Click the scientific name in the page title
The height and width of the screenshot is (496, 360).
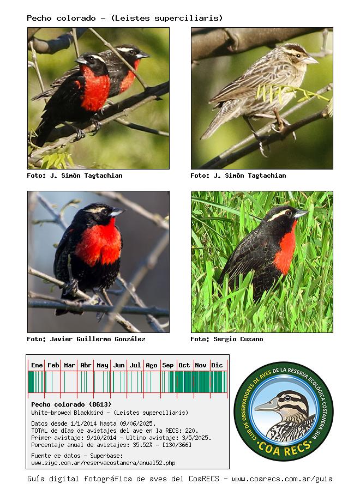point(167,18)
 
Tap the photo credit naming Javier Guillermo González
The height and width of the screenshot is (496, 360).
point(86,339)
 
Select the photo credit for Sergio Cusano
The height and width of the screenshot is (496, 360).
point(227,339)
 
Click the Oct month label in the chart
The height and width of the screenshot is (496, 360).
point(184,365)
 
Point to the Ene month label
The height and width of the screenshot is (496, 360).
point(37,365)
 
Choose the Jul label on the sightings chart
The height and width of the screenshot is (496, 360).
point(135,365)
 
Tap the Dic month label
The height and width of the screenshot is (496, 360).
point(217,365)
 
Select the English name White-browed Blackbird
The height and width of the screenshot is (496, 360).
point(67,413)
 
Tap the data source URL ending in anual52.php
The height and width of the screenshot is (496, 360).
point(103,463)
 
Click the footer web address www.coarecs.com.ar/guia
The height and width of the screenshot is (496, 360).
point(282,479)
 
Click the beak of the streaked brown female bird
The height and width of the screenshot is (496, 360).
point(310,60)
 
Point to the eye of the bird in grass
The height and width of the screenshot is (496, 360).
point(289,213)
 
